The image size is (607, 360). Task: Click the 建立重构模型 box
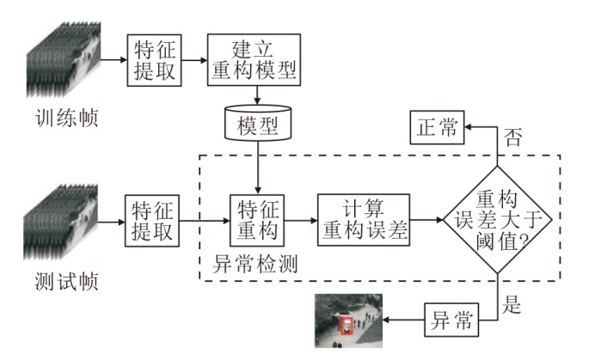tap(254, 60)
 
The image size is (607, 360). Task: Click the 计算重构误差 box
tap(364, 220)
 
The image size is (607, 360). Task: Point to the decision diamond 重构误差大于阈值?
tap(498, 220)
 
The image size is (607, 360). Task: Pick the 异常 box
tap(451, 321)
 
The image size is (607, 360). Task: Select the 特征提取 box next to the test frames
tap(154, 220)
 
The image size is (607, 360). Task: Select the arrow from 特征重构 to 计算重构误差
tap(302, 220)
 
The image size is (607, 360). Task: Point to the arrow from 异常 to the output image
tap(404, 321)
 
